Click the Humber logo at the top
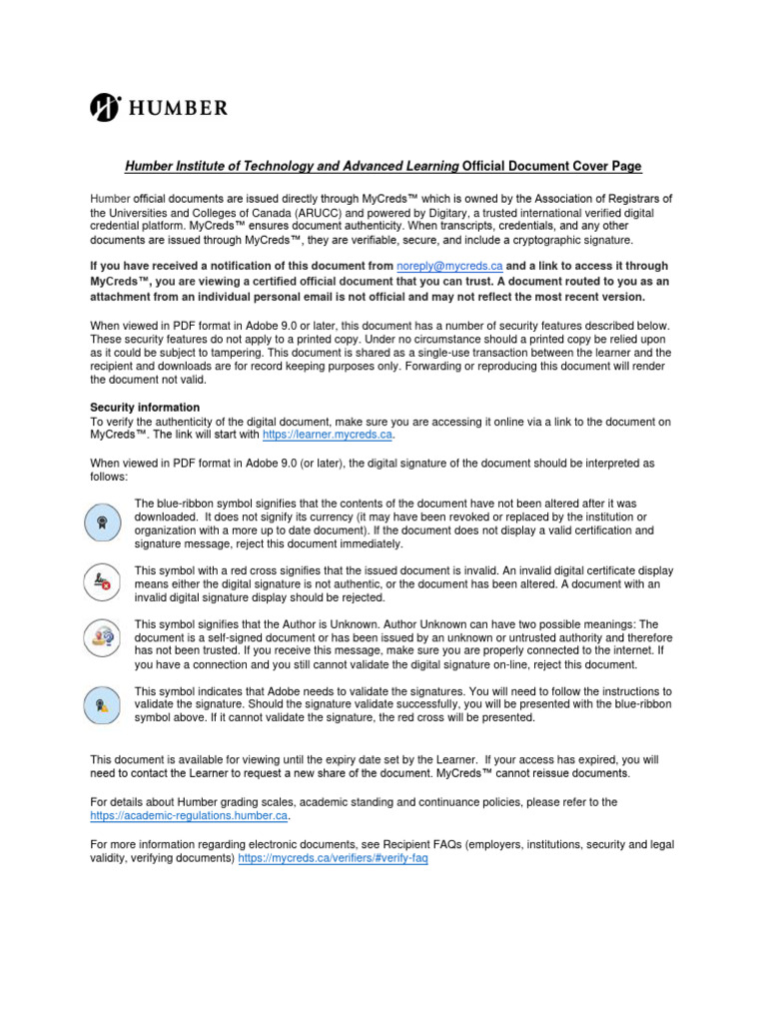pos(159,107)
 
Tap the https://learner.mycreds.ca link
pos(329,436)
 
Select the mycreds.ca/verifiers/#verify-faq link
pos(333,859)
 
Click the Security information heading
pos(145,408)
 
